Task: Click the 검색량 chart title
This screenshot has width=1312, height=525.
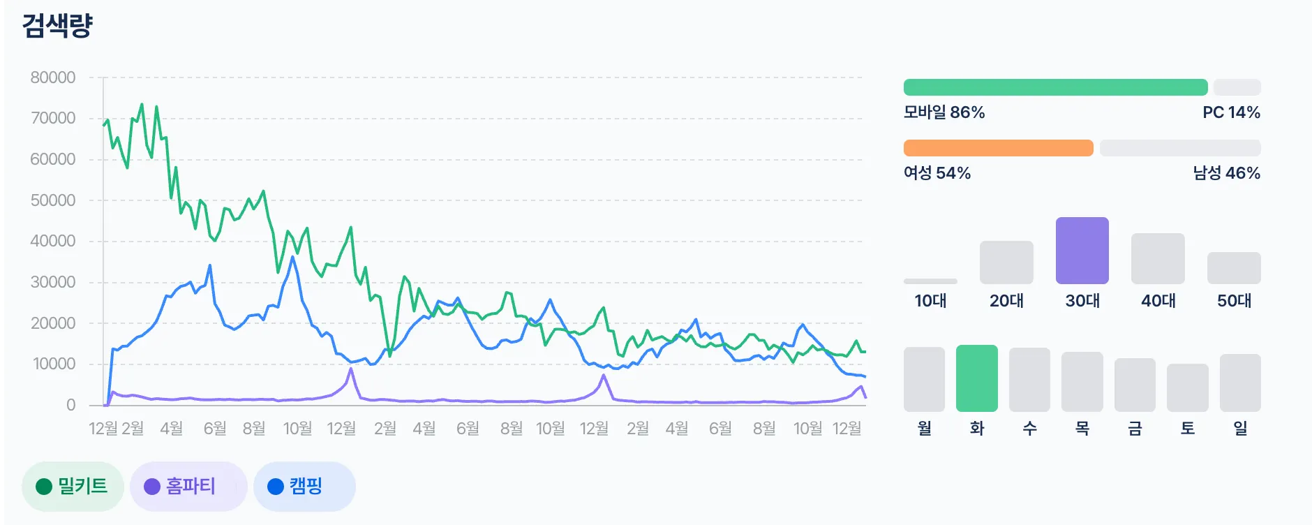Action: pyautogui.click(x=57, y=26)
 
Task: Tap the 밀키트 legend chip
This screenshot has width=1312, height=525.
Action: pyautogui.click(x=73, y=486)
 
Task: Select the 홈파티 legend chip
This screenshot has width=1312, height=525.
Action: pyautogui.click(x=188, y=486)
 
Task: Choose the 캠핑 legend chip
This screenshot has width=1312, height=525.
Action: pyautogui.click(x=304, y=486)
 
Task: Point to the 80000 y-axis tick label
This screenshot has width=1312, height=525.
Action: pyautogui.click(x=53, y=77)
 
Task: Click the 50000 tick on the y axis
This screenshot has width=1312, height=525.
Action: pyautogui.click(x=53, y=200)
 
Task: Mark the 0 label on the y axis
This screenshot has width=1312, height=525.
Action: pyautogui.click(x=70, y=405)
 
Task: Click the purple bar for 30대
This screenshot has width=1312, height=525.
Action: pyautogui.click(x=1082, y=251)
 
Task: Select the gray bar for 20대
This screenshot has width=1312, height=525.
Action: pyautogui.click(x=1006, y=262)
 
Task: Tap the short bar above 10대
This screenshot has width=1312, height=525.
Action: pyautogui.click(x=930, y=281)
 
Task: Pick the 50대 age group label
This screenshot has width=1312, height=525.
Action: pyautogui.click(x=1234, y=301)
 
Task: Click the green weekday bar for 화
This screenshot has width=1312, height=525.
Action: pyautogui.click(x=976, y=378)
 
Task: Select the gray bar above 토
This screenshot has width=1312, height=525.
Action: pyautogui.click(x=1187, y=387)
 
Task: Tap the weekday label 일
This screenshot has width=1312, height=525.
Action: pyautogui.click(x=1240, y=428)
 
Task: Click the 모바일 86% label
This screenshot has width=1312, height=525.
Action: pyautogui.click(x=944, y=112)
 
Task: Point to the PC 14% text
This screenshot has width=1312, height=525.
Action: pyautogui.click(x=1231, y=112)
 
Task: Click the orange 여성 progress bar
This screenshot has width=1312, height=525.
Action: pyautogui.click(x=998, y=148)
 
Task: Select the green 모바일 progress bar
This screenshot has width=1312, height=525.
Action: pyautogui.click(x=1055, y=87)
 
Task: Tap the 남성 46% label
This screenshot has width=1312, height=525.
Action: pyautogui.click(x=1226, y=173)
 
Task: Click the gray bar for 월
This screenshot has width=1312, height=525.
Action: pyautogui.click(x=924, y=379)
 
